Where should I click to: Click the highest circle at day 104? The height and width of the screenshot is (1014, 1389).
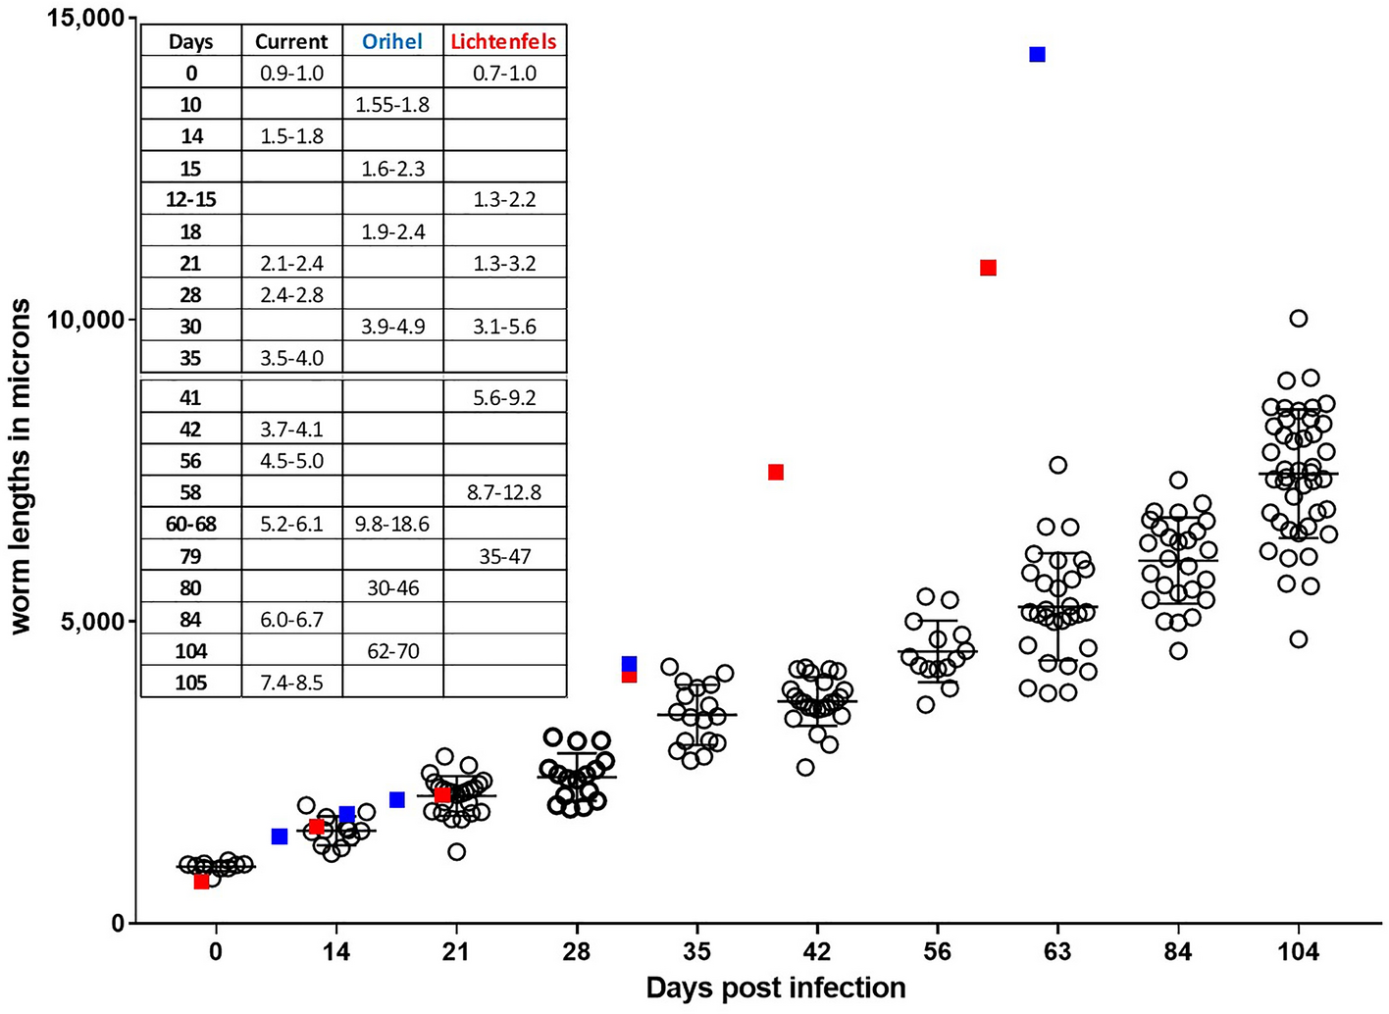pos(1298,318)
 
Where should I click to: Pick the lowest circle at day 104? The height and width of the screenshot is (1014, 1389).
pos(1298,639)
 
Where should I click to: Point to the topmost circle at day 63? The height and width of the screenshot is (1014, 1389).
pos(1057,465)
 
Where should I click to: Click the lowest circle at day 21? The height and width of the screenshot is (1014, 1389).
pos(457,851)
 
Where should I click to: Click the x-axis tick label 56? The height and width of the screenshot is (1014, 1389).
pos(937,952)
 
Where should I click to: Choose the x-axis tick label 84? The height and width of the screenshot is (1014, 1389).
pos(1177,952)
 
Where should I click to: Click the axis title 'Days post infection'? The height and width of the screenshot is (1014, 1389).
pos(775,988)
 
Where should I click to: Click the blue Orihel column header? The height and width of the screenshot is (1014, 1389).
pos(392,41)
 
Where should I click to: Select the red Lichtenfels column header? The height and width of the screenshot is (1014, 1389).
pos(503,41)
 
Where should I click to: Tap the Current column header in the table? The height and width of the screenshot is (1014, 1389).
pos(291,41)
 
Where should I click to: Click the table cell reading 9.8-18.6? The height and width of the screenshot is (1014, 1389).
pos(392,524)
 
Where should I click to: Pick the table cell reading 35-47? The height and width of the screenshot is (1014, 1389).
pos(504,556)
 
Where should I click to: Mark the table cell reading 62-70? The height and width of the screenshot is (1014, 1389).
pos(392,651)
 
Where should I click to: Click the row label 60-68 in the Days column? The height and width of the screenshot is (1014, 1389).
pos(190,524)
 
